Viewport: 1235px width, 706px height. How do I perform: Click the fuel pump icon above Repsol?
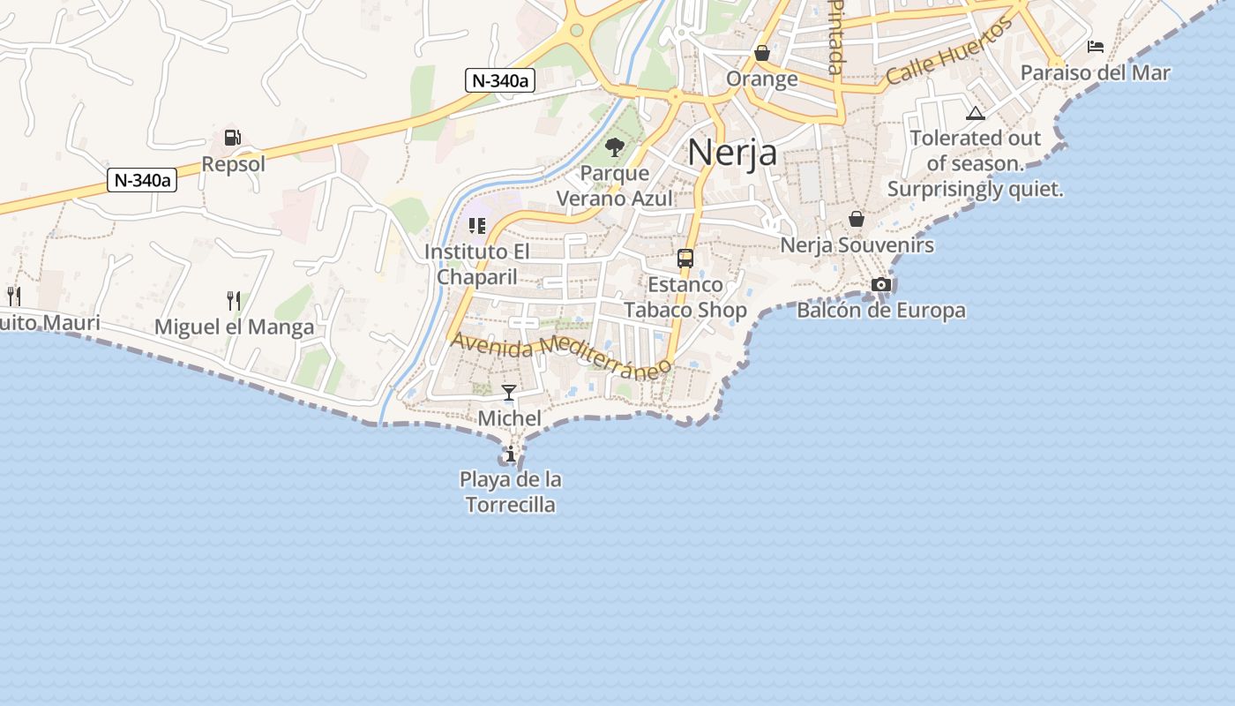click(x=233, y=138)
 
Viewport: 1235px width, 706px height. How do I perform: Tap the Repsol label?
click(x=233, y=164)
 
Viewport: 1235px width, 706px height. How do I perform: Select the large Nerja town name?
click(x=732, y=152)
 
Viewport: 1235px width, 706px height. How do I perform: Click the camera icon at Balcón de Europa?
click(x=880, y=284)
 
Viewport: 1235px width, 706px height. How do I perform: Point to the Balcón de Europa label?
click(x=880, y=311)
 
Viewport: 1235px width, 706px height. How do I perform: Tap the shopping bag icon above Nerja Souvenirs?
click(x=856, y=219)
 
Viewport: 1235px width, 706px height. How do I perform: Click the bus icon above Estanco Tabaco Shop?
click(x=685, y=259)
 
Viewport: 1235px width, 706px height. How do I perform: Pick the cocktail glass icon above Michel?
click(x=509, y=393)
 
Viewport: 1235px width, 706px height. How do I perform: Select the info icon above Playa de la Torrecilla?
click(x=511, y=454)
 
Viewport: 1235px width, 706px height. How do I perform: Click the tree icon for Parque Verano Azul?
click(x=615, y=147)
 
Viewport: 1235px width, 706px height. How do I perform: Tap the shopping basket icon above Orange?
click(x=762, y=54)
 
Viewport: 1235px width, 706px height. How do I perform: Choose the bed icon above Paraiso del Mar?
click(x=1096, y=47)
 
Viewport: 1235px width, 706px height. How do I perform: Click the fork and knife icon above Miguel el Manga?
click(x=234, y=301)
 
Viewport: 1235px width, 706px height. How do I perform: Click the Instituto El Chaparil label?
click(x=477, y=264)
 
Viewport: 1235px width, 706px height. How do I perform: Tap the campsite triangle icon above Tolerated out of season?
click(x=975, y=113)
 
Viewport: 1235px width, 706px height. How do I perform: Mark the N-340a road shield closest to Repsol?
click(x=142, y=181)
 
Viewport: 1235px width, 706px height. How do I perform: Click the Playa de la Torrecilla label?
click(x=511, y=492)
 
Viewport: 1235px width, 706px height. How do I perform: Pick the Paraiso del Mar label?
click(x=1095, y=72)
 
